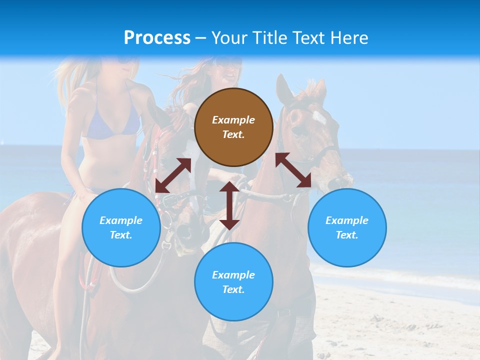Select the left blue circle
[121, 227]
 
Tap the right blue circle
[347, 227]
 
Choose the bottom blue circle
[233, 282]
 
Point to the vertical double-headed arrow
[229, 205]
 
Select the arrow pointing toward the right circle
[293, 170]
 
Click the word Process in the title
[157, 37]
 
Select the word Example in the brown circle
[233, 120]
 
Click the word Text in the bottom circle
[233, 289]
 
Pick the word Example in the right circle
[347, 220]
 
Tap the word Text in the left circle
[121, 235]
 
